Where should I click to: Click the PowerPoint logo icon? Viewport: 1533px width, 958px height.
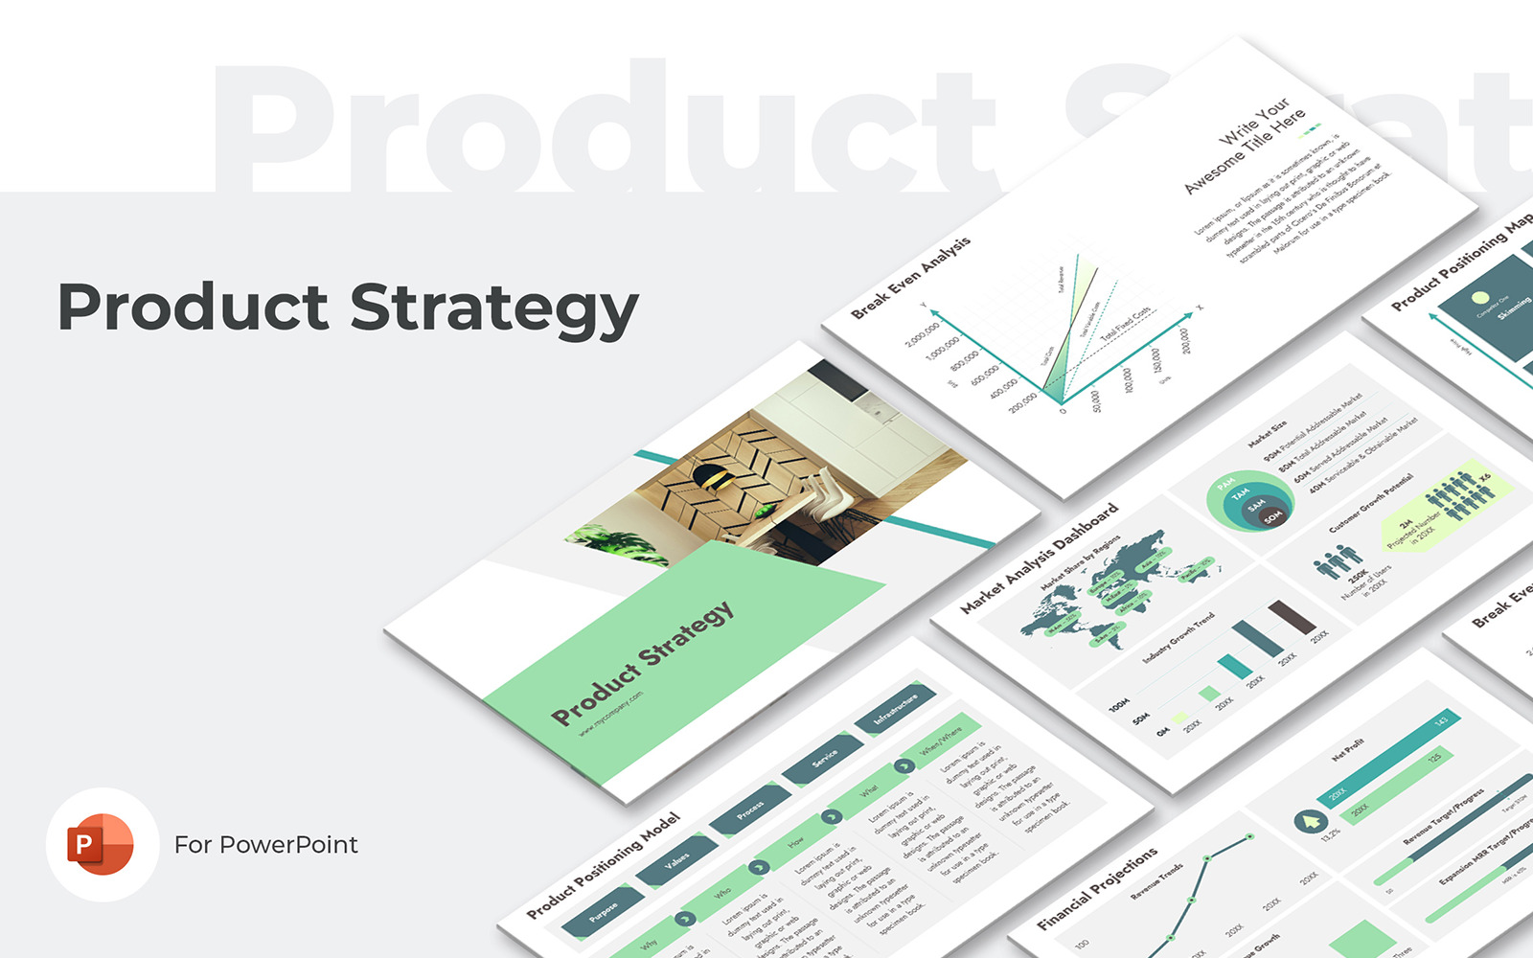click(x=101, y=844)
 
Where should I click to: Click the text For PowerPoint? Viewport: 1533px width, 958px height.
click(x=265, y=845)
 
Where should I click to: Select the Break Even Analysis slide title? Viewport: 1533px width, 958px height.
click(x=910, y=277)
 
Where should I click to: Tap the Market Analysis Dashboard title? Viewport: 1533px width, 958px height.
click(x=1040, y=558)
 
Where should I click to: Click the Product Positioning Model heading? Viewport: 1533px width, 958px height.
click(x=604, y=865)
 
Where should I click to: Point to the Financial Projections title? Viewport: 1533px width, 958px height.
click(x=1097, y=888)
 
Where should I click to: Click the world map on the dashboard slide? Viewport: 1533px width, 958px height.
click(x=1102, y=584)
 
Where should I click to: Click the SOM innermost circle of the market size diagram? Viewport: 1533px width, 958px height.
click(x=1271, y=517)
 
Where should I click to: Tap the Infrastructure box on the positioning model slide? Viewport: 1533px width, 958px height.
click(x=896, y=710)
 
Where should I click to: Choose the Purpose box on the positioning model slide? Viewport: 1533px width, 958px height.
click(x=603, y=911)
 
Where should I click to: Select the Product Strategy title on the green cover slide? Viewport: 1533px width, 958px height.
click(x=642, y=663)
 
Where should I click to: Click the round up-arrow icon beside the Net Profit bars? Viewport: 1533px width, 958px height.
click(x=1308, y=821)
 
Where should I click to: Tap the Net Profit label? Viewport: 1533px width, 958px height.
click(x=1348, y=749)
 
